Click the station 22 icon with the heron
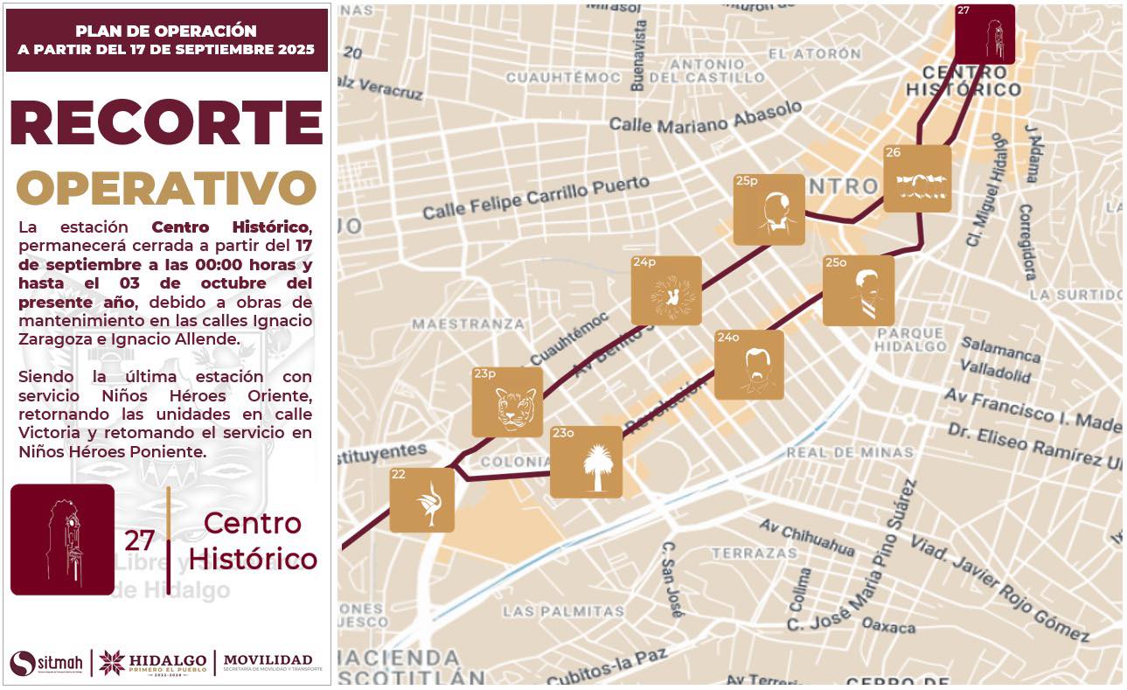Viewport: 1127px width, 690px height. tap(421, 500)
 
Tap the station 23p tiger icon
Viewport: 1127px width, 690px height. tap(507, 402)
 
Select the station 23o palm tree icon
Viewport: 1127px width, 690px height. tap(586, 462)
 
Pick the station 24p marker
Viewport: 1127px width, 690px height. tap(666, 290)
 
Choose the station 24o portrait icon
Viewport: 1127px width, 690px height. tap(749, 365)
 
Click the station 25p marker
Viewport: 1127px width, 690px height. tap(769, 210)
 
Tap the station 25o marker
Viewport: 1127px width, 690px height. tap(859, 290)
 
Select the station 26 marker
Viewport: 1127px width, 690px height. tap(917, 178)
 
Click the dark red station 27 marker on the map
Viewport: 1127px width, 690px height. tap(984, 34)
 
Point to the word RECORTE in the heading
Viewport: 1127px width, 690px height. tap(166, 122)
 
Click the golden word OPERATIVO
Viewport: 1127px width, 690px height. tap(166, 188)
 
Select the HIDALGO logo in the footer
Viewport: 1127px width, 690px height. tap(153, 662)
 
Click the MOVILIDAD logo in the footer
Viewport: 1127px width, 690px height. tap(268, 662)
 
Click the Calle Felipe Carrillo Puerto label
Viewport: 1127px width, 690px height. tap(536, 198)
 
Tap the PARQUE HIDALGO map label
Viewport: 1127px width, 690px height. tap(911, 339)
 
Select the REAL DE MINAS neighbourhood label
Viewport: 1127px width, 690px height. tap(850, 452)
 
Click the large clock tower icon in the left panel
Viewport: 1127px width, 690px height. tap(62, 539)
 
